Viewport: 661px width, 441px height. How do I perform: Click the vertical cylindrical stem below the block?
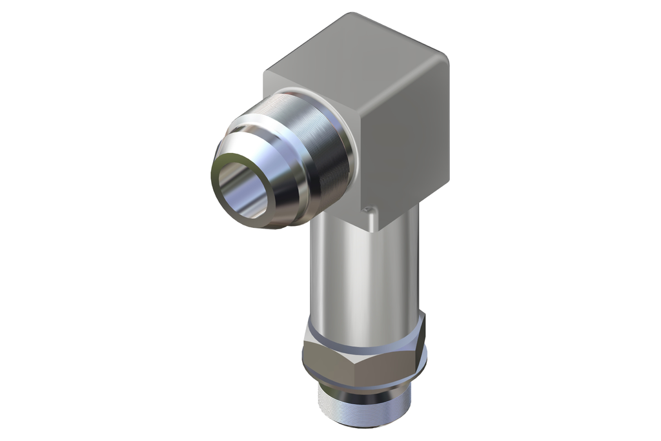tap(361, 271)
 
